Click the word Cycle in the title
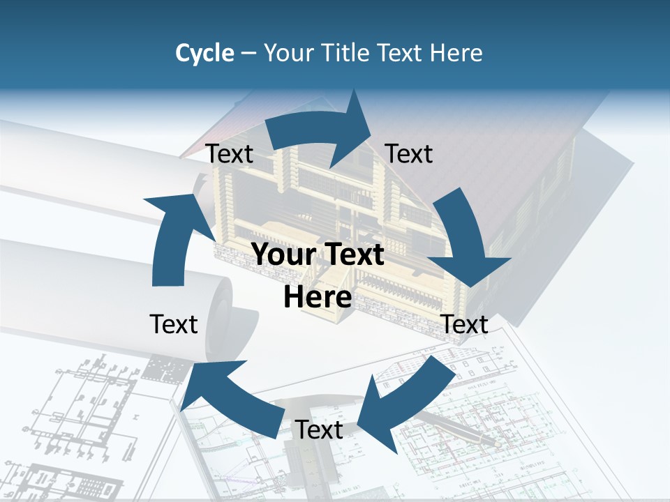point(204,53)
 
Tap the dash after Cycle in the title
point(248,54)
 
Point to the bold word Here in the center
point(318,297)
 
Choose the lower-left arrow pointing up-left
point(237,397)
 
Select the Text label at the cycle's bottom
point(319,430)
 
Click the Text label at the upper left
point(230,154)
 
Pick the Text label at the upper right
point(409,153)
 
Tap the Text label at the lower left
point(174,324)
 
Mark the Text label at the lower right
point(465,324)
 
